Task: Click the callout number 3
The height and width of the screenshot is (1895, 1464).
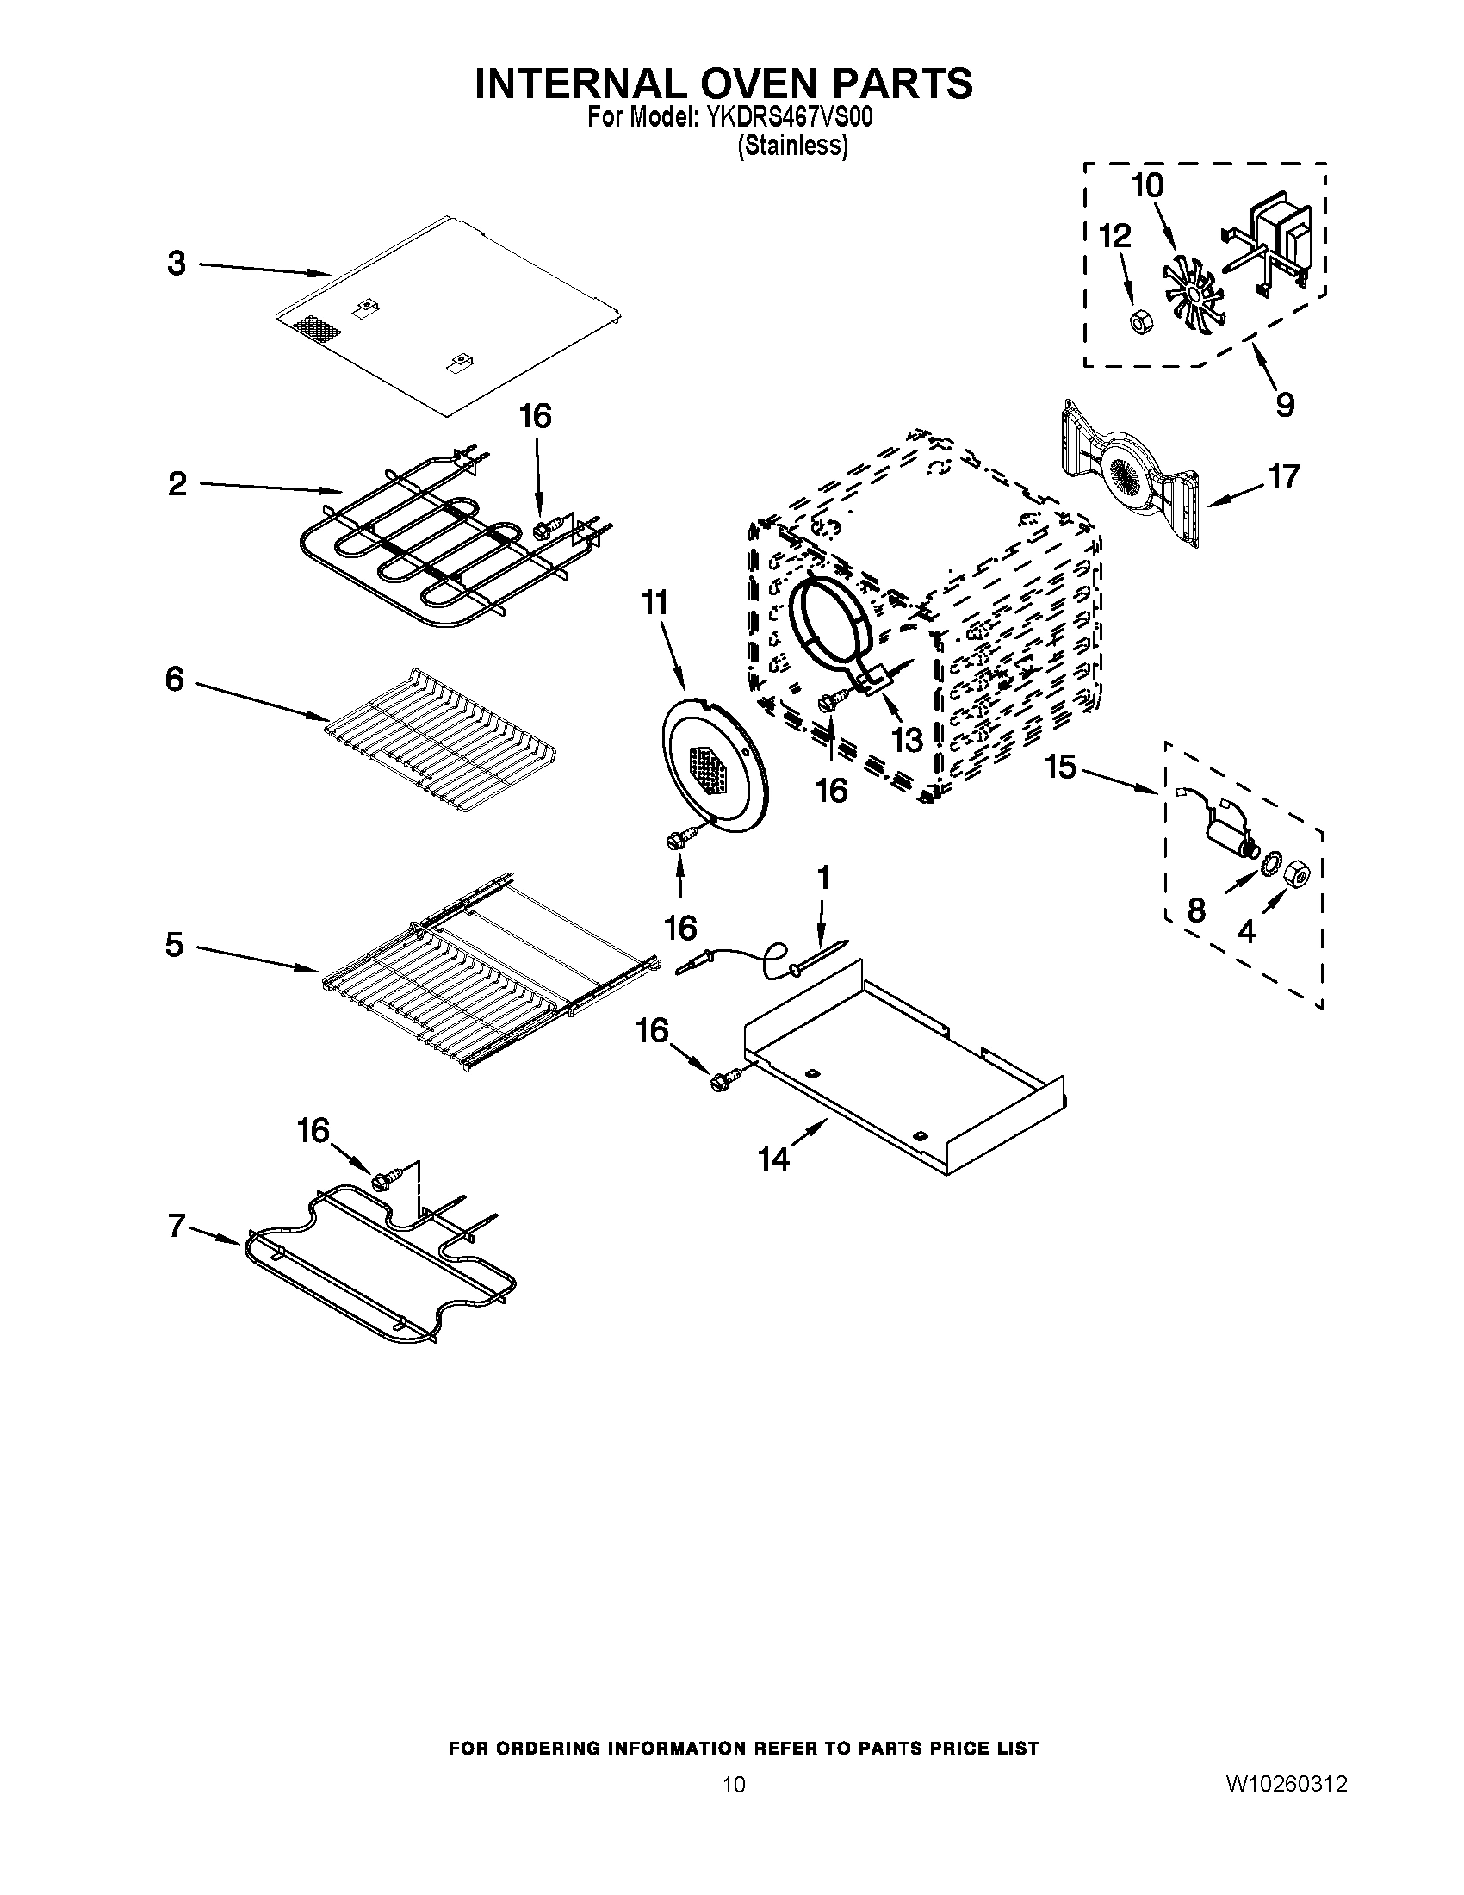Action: (177, 263)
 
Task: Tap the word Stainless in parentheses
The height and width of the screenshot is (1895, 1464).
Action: (791, 146)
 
